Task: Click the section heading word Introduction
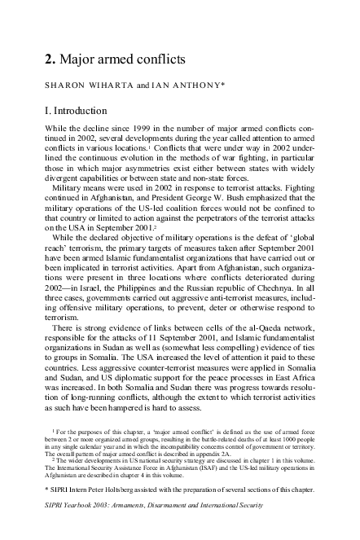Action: click(x=78, y=111)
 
